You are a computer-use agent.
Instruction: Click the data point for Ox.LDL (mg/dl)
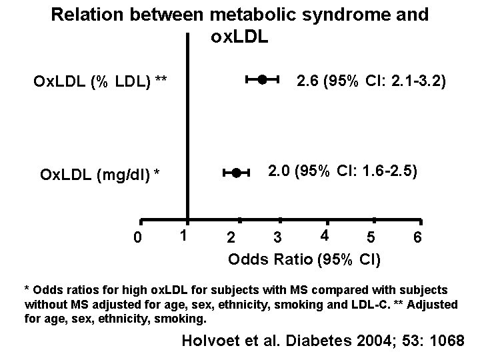(x=236, y=173)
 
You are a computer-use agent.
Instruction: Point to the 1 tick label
(x=186, y=235)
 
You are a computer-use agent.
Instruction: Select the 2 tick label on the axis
(x=231, y=238)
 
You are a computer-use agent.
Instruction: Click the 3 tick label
(x=278, y=238)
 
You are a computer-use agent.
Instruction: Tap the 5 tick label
(x=371, y=238)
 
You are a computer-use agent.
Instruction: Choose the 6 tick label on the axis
(x=417, y=238)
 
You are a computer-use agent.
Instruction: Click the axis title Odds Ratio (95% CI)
(x=305, y=259)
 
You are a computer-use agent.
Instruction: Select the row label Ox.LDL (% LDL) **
(x=101, y=82)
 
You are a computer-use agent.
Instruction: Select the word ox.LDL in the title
(x=239, y=37)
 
